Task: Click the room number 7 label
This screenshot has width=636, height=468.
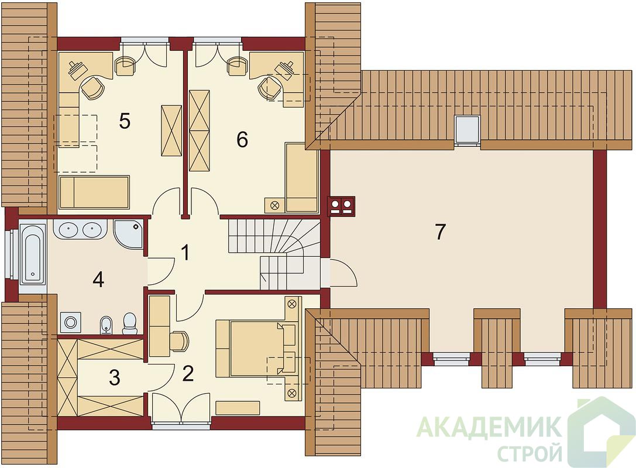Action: tap(440, 232)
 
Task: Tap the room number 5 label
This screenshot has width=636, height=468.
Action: tap(125, 121)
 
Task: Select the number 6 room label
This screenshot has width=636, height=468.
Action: tap(242, 140)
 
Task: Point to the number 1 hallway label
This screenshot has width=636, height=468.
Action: tap(185, 253)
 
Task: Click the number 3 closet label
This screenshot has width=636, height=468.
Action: tap(115, 377)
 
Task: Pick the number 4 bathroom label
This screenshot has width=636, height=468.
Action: tap(98, 280)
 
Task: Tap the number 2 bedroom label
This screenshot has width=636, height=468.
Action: tap(188, 373)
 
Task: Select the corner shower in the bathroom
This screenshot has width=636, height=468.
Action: tap(128, 234)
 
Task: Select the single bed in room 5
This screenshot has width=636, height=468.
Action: tap(94, 192)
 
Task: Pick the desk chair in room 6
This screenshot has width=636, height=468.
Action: tap(270, 87)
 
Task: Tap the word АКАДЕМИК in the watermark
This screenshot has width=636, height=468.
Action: tap(490, 426)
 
